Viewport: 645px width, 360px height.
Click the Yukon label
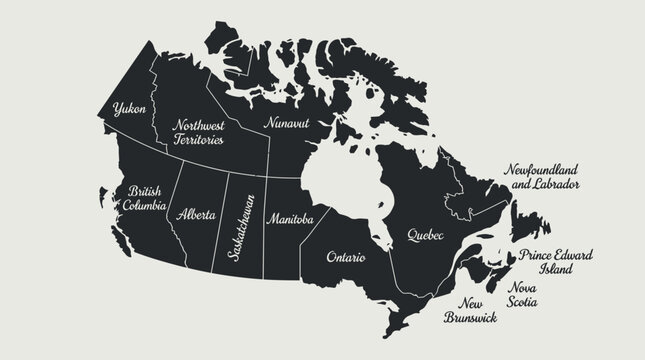tap(130, 107)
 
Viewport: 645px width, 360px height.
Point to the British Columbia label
tap(138, 197)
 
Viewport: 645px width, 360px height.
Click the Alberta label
tap(195, 214)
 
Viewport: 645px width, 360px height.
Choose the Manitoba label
tap(291, 218)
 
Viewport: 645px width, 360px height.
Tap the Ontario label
tap(346, 257)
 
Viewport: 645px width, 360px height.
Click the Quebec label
tap(424, 235)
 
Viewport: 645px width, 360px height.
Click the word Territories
tap(199, 141)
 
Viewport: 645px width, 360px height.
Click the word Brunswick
tap(470, 319)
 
